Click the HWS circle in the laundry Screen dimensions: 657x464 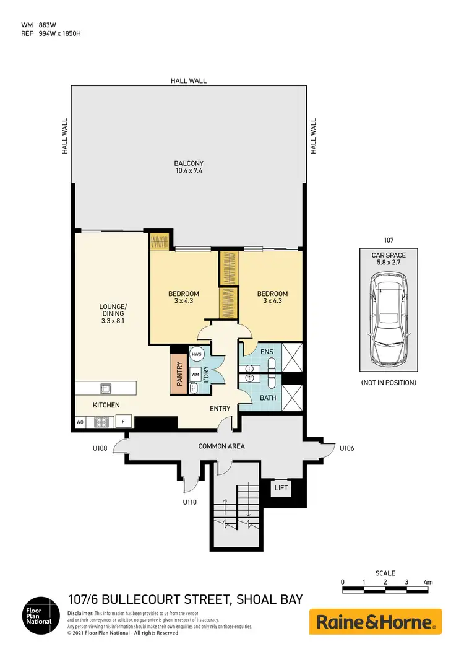coord(196,354)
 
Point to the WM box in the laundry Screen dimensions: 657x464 coord(194,374)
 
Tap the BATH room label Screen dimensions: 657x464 coord(267,398)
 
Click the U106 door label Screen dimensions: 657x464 coord(347,447)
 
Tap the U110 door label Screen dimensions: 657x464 coord(189,502)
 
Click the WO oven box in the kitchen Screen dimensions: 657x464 coord(80,422)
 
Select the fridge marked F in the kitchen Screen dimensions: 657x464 coord(124,422)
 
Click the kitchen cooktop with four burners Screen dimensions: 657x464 coord(101,422)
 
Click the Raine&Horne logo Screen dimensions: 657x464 coord(376,621)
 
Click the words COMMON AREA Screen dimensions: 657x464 coord(221,446)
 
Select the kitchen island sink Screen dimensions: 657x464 coord(105,389)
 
